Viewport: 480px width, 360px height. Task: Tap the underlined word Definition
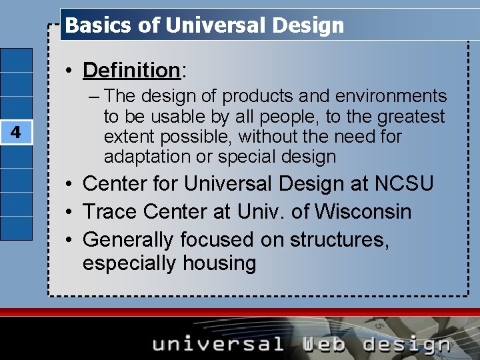pos(131,69)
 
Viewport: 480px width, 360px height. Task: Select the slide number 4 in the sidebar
pos(16,133)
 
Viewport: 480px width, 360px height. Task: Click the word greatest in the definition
pos(411,117)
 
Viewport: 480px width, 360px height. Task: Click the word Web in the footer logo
pos(323,344)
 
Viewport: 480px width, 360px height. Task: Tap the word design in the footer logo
pos(407,345)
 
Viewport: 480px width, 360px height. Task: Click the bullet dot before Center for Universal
pos(69,184)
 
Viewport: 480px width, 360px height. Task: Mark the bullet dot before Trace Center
pos(69,212)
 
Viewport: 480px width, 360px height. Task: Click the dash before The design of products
pos(93,97)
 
